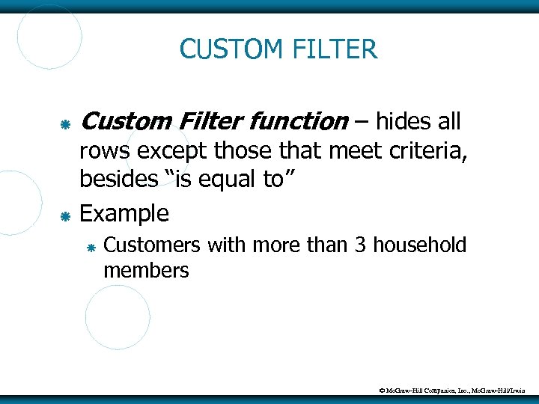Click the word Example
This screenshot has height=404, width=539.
pos(124,214)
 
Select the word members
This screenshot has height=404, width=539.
pos(146,270)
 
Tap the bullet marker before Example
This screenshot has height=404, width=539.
pos(65,216)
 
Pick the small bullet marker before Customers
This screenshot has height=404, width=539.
pos(91,247)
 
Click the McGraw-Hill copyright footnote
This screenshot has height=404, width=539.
pos(453,390)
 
